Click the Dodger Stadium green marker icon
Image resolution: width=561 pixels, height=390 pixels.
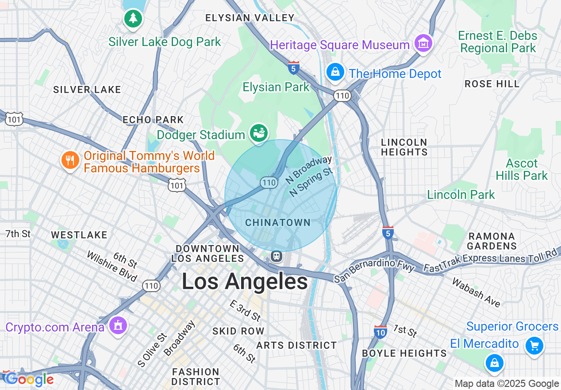pyautogui.click(x=259, y=133)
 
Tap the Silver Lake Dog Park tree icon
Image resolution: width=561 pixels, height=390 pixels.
pyautogui.click(x=133, y=18)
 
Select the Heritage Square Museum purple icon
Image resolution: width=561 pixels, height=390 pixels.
pyautogui.click(x=423, y=43)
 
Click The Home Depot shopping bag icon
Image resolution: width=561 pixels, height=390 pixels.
pyautogui.click(x=335, y=72)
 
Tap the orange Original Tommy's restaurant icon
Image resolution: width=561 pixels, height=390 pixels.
pyautogui.click(x=70, y=160)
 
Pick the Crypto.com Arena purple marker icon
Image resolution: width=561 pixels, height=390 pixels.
pyautogui.click(x=117, y=326)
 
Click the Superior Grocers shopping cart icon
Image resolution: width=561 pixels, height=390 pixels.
pyautogui.click(x=534, y=345)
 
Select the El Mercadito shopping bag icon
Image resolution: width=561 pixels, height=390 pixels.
pyautogui.click(x=494, y=363)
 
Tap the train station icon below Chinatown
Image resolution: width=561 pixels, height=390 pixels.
pyautogui.click(x=277, y=256)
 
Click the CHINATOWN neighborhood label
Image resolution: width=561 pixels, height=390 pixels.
pyautogui.click(x=278, y=222)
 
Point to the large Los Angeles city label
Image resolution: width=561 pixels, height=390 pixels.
pyautogui.click(x=245, y=281)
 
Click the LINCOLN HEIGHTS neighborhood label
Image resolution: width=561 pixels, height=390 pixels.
pyautogui.click(x=404, y=147)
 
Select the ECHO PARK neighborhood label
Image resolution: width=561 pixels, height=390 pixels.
pyautogui.click(x=153, y=120)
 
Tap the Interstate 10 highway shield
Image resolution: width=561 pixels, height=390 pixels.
pyautogui.click(x=380, y=331)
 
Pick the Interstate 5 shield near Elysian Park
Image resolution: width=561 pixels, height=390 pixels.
pyautogui.click(x=293, y=68)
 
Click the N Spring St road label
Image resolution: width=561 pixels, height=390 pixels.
pyautogui.click(x=311, y=182)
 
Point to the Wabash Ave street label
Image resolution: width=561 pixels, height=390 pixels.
pyautogui.click(x=476, y=292)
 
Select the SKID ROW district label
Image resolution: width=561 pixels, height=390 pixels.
pyautogui.click(x=238, y=331)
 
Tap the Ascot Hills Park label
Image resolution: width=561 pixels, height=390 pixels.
pyautogui.click(x=522, y=169)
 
